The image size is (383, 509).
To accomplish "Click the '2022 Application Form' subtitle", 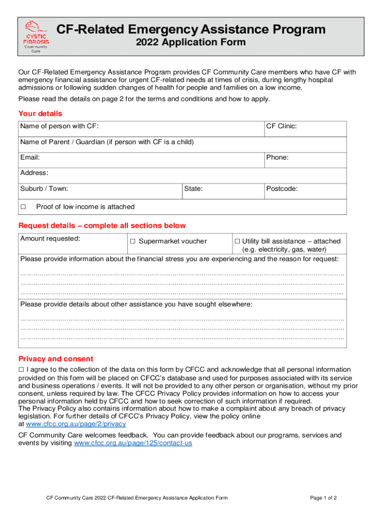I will click(191, 42).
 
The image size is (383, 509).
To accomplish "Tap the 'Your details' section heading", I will click(40, 113).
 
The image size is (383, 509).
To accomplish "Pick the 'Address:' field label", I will click(34, 173).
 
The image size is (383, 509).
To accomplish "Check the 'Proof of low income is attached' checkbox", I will click(23, 207).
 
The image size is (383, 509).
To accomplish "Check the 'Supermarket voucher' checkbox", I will click(133, 242).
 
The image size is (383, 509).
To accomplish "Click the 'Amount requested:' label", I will click(50, 239).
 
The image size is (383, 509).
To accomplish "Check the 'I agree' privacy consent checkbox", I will click(21, 370).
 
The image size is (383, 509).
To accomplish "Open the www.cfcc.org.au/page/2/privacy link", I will click(76, 424).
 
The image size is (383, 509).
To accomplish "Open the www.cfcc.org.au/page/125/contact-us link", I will click(133, 443).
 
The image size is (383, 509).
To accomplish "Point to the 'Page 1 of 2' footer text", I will click(324, 498).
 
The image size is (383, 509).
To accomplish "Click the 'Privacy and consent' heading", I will click(56, 359).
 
